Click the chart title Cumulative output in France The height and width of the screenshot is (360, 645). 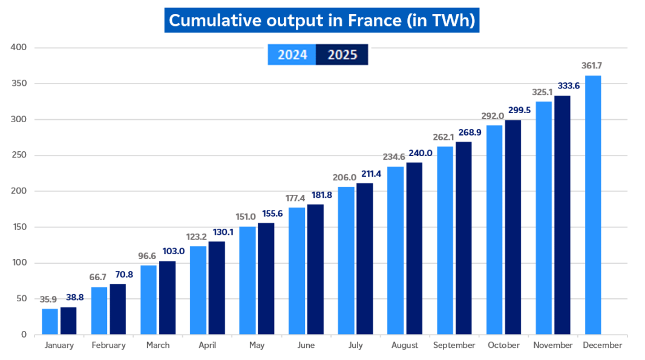click(322, 20)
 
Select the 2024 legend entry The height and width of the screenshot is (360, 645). click(293, 55)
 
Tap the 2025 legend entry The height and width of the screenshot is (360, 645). click(342, 55)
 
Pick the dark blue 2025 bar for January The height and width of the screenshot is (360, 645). click(68, 321)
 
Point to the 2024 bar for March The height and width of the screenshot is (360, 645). click(148, 299)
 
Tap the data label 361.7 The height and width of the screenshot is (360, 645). click(593, 65)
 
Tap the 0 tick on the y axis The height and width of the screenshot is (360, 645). click(24, 335)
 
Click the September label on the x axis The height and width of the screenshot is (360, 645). click(454, 345)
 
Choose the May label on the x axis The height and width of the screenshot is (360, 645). click(257, 345)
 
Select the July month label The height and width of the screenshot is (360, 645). click(355, 345)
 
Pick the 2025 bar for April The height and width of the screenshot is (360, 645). click(217, 288)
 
